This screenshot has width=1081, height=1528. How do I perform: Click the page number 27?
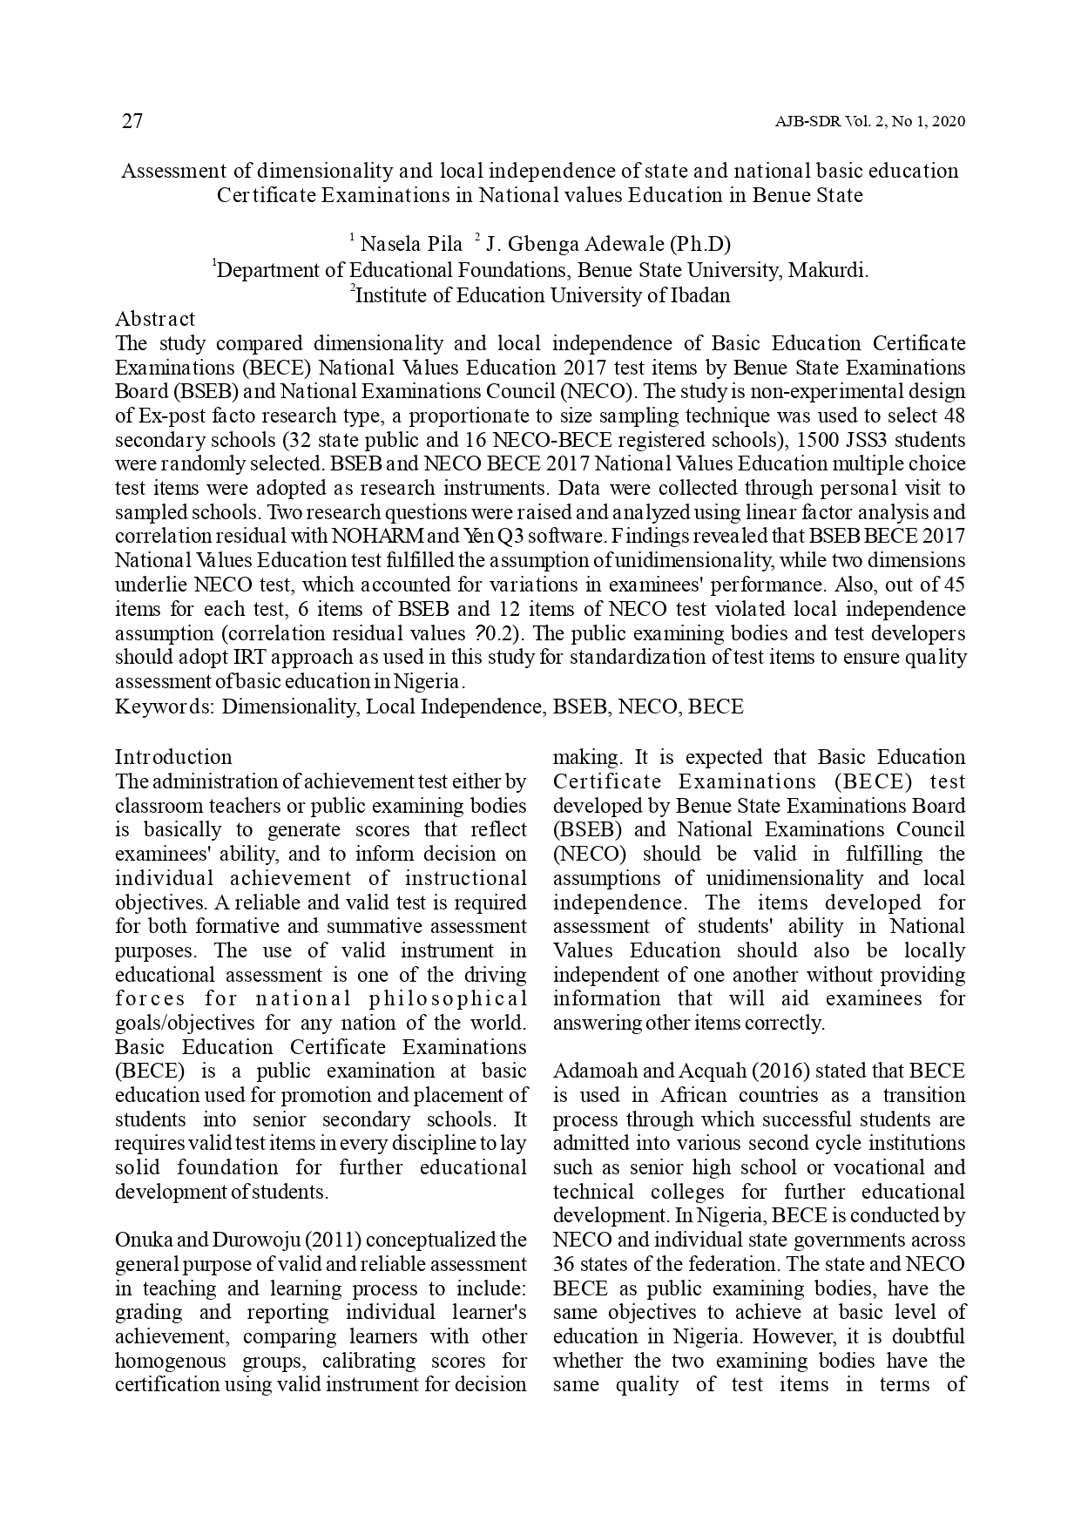[132, 121]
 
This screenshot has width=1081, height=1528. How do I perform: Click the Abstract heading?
[155, 319]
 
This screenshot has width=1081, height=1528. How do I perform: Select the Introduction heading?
[173, 756]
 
